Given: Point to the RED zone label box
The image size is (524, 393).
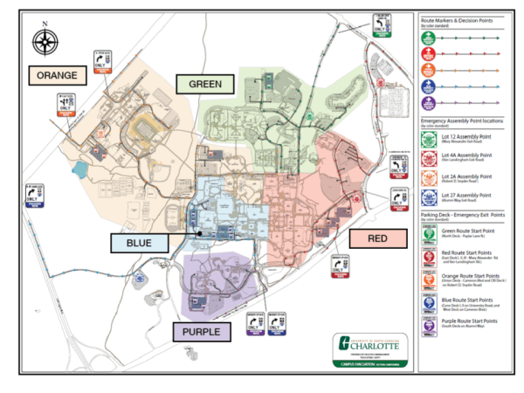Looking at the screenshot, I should pos(378,238).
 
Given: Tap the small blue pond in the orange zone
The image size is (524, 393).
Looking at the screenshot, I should pos(85,169).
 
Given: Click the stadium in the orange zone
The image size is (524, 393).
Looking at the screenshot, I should pos(143,131).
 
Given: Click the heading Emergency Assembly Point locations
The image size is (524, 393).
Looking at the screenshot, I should pos(464,117).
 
